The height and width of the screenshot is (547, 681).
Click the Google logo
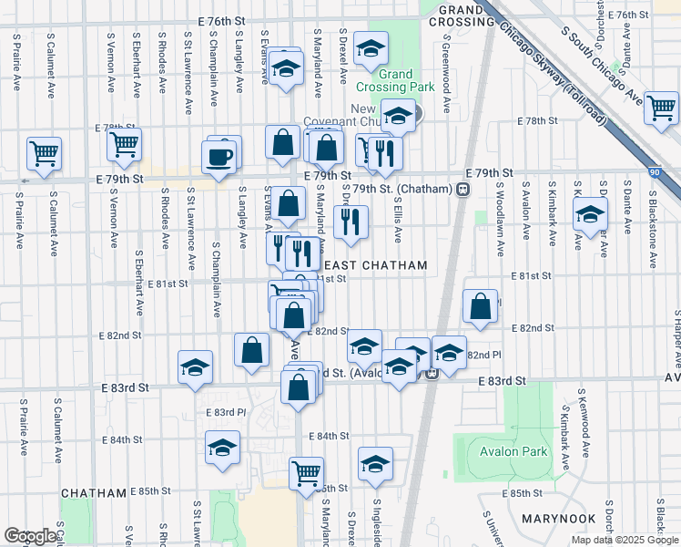coord(30,536)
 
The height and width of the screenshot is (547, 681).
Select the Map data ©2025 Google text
coord(625,540)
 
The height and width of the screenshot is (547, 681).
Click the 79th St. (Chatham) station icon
coord(463,189)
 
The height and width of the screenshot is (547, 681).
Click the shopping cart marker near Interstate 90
coord(660,107)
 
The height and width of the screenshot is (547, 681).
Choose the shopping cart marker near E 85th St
coord(307,472)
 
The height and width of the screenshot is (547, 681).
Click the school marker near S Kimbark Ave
coord(589,215)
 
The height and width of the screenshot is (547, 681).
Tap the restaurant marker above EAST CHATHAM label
coord(351,220)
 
